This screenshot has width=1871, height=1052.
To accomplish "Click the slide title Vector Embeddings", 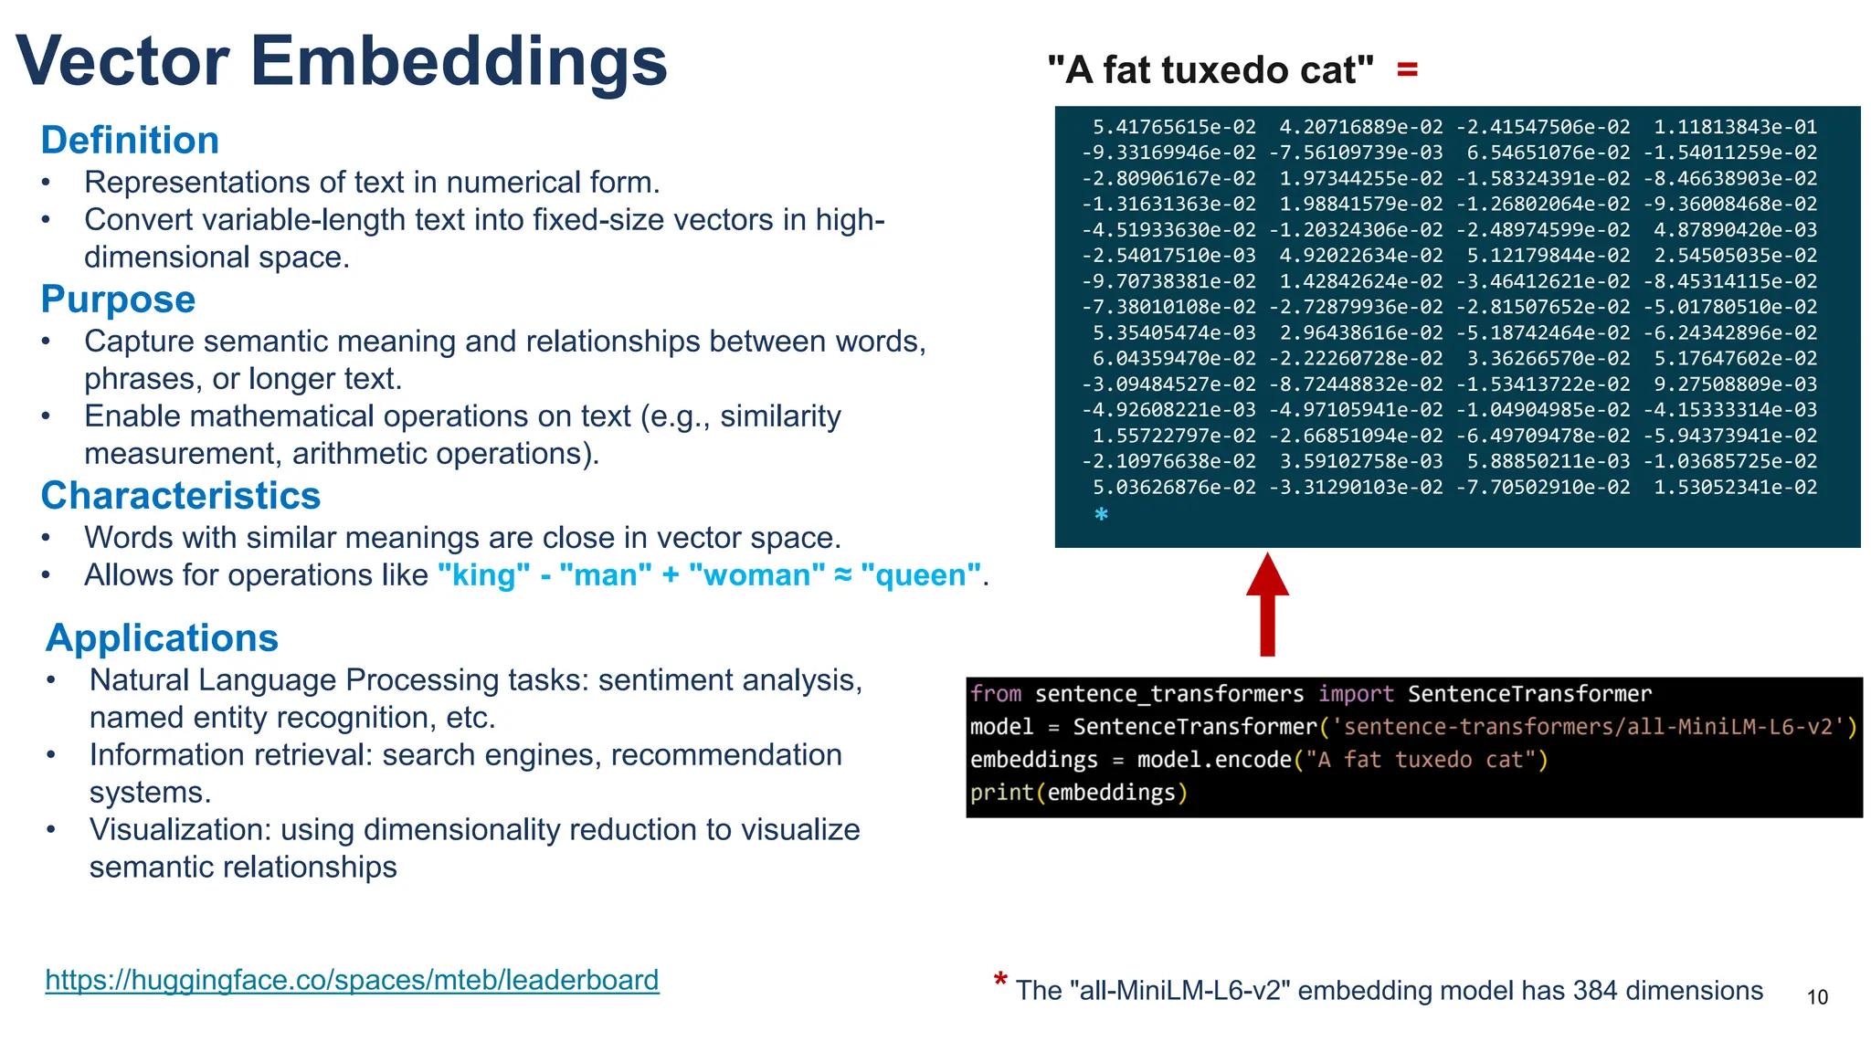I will [x=342, y=61].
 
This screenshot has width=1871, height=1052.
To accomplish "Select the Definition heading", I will [x=130, y=141].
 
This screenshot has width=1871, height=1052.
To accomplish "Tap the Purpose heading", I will [x=118, y=300].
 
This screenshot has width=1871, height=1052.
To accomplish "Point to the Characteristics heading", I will [x=181, y=496].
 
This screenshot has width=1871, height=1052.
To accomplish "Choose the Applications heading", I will [x=162, y=638].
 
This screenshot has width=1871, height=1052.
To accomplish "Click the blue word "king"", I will [x=483, y=575].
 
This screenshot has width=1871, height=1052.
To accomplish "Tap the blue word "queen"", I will [x=921, y=575].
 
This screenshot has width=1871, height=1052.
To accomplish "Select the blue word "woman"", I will [x=756, y=575].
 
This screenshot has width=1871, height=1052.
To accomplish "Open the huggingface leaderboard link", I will [x=352, y=980].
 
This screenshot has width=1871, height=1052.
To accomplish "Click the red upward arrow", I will [x=1267, y=604].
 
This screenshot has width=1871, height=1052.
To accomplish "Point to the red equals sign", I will [x=1407, y=69].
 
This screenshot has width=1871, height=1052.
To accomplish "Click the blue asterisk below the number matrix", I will [x=1102, y=514].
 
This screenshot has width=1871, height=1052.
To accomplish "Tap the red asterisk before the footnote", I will [x=1000, y=981].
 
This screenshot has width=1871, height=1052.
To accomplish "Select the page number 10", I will [x=1817, y=997].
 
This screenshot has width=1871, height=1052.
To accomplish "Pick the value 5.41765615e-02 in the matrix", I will [x=1174, y=127].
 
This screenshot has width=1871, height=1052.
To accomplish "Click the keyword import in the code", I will [x=1356, y=694].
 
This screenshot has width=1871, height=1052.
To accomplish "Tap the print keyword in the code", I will [x=1000, y=793].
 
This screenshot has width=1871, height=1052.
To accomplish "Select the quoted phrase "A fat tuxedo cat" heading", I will [x=1210, y=70].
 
